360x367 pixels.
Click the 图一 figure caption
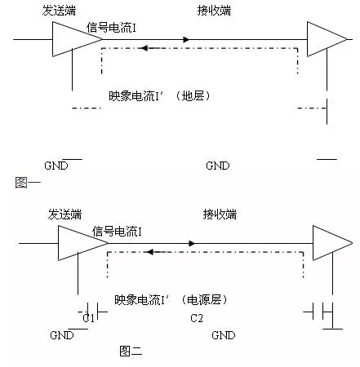pos(28,182)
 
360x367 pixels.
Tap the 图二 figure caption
pos(131,351)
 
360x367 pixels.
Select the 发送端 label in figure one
pos(59,11)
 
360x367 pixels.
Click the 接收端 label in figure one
pos(214,11)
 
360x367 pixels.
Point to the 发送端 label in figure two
pos(64,214)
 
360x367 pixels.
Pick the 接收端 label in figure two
pos(220,214)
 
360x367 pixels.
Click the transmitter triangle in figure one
pos(77,39)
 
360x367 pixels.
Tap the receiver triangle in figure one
pos(327,39)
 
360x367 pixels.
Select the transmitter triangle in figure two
pos(82,243)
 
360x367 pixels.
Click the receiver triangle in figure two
pos(332,243)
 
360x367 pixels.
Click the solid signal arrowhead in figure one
pos(186,39)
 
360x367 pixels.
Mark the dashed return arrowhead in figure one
pos(144,48)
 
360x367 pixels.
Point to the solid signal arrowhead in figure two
pos(192,243)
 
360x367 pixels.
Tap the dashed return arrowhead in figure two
pos(150,252)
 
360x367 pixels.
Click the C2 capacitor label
pos(197,318)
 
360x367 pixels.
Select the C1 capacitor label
pos(89,318)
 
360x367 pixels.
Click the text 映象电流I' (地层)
pos(159,95)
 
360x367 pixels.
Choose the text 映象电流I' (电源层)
pos(171,299)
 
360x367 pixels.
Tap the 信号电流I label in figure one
pos(111,28)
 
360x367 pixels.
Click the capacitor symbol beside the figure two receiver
pos(318,312)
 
